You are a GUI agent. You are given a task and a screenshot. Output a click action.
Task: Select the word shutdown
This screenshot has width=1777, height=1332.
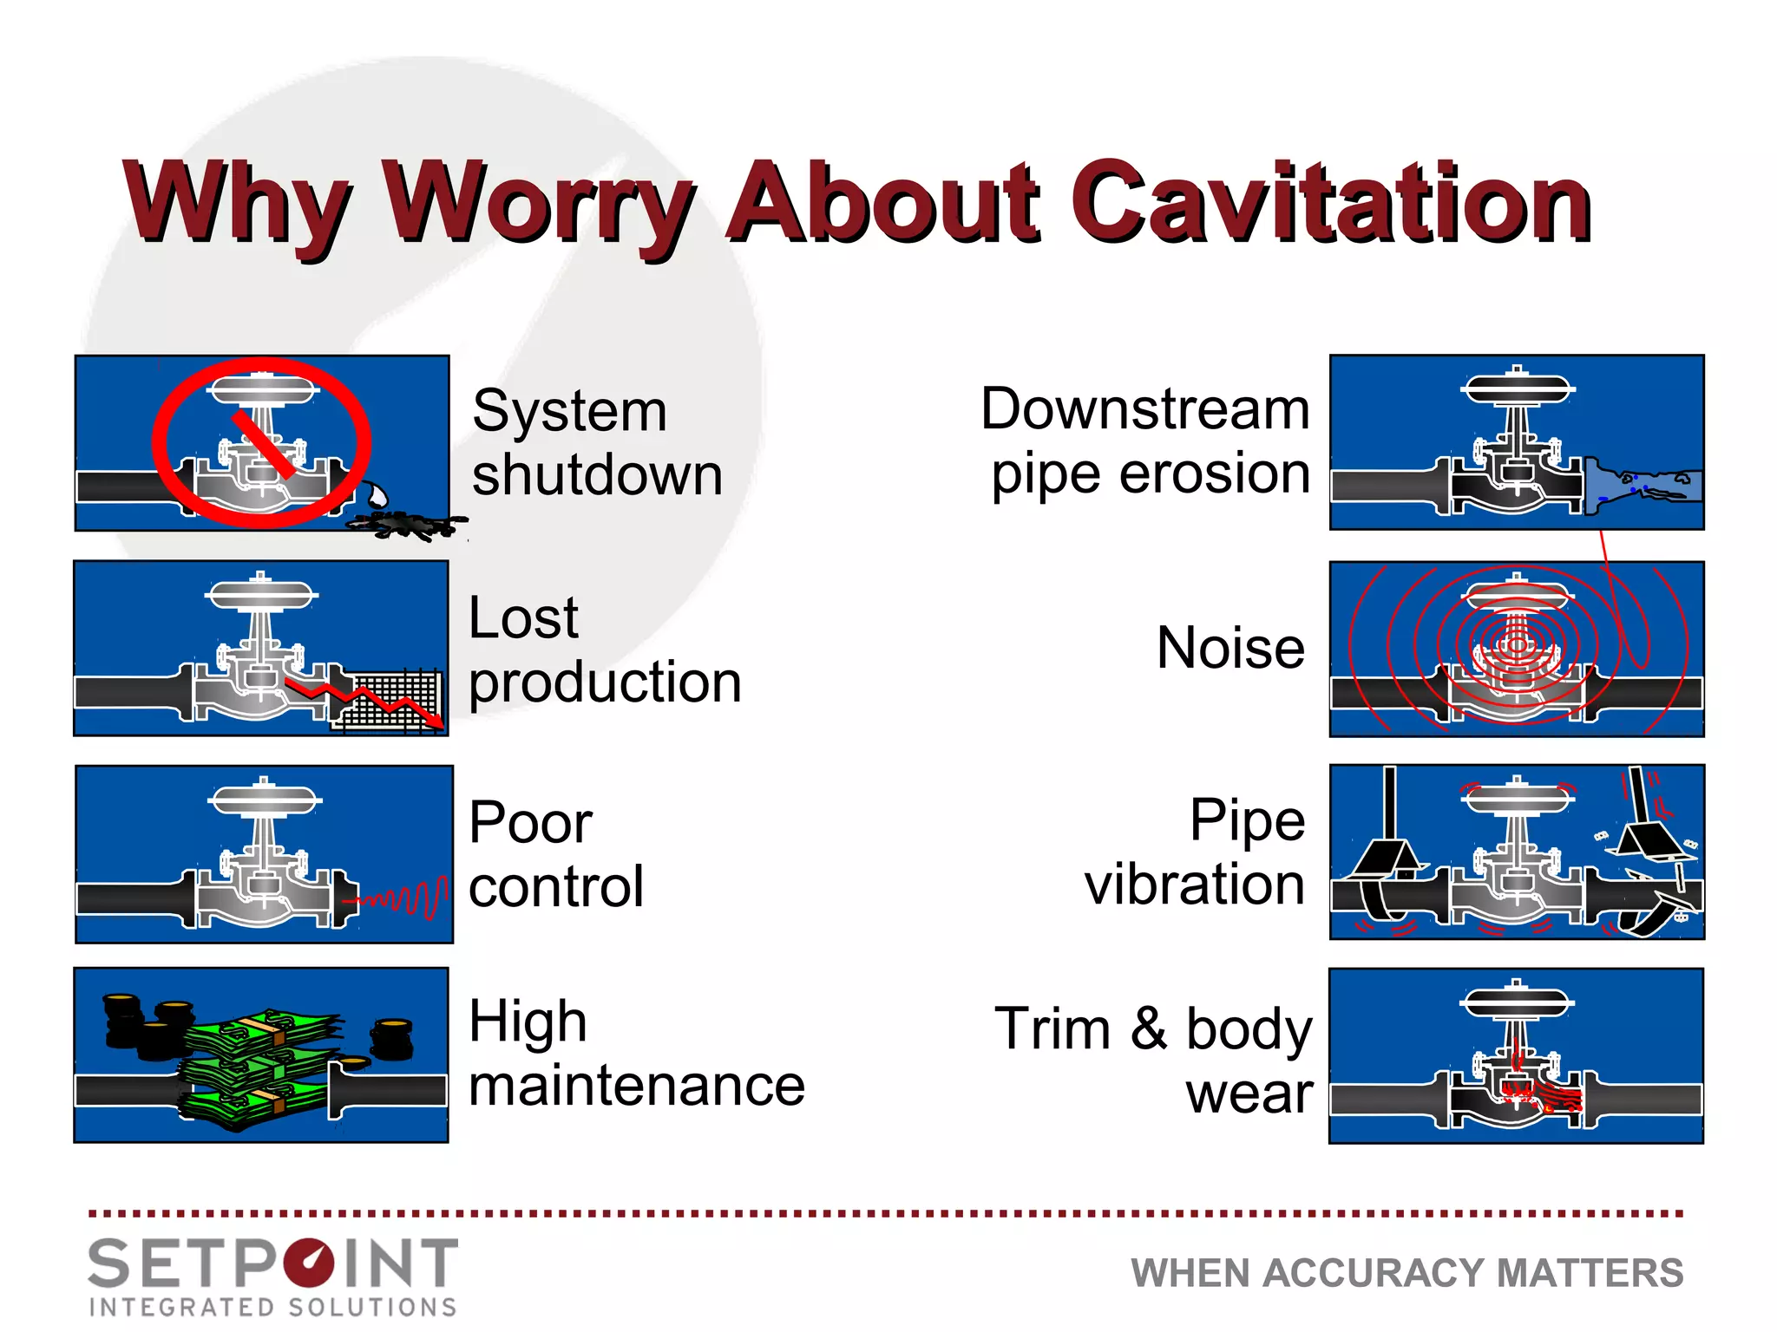(597, 475)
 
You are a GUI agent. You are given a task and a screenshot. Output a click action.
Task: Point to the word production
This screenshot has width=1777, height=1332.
(605, 682)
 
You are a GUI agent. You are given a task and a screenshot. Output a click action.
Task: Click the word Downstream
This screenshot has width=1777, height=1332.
(1144, 408)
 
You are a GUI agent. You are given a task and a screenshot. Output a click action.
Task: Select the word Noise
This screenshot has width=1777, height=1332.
(1230, 648)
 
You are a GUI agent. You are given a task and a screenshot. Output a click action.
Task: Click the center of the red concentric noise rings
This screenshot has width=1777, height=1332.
(1516, 644)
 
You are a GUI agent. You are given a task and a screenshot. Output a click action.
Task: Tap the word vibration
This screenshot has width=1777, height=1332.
(1195, 885)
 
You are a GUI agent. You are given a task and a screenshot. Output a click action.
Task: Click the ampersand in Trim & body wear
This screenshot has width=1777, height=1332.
(1149, 1028)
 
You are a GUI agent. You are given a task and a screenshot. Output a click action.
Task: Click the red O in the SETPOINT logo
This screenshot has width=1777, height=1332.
(308, 1263)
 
